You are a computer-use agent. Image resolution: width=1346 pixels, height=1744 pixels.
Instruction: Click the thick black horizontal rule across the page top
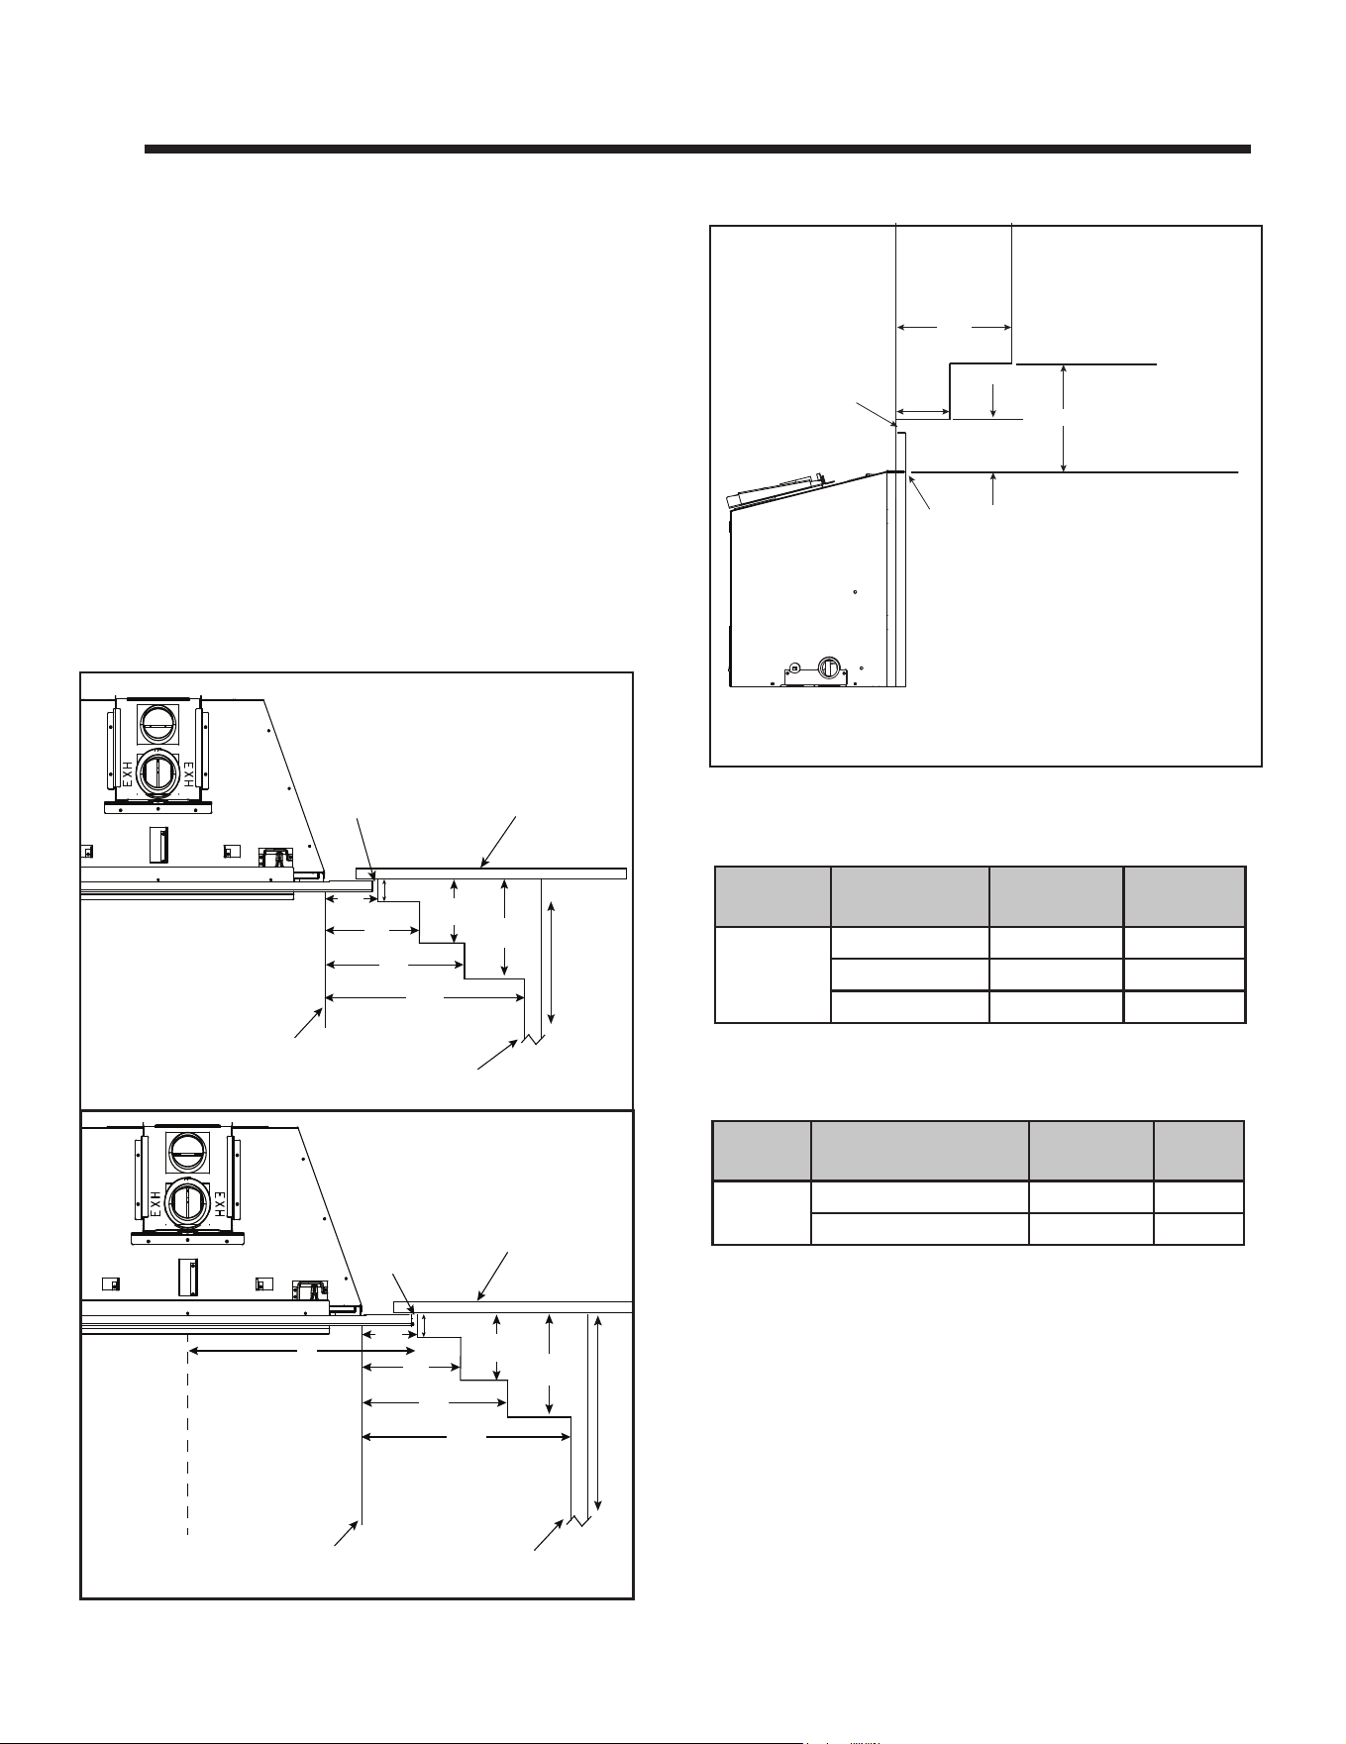coord(697,150)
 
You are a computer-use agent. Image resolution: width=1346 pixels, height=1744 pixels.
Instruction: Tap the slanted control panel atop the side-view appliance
coord(771,490)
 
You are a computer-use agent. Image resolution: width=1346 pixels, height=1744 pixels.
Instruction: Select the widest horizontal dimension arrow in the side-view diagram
coord(953,326)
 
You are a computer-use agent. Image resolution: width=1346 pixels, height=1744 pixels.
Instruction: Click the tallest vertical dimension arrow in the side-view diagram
coord(1063,418)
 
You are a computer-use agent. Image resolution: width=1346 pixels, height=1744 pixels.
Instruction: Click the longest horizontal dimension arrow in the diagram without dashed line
coord(425,998)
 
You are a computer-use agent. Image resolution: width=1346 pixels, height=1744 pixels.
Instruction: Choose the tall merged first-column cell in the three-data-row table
coord(773,975)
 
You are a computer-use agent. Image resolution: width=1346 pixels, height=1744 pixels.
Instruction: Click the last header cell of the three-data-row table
coord(1184,897)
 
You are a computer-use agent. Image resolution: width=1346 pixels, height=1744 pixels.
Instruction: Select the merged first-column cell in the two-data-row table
coord(762,1212)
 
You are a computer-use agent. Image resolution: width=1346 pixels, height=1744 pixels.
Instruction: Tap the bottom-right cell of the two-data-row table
coord(1198,1228)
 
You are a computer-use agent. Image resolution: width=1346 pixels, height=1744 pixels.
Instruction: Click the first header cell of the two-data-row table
coord(762,1151)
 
